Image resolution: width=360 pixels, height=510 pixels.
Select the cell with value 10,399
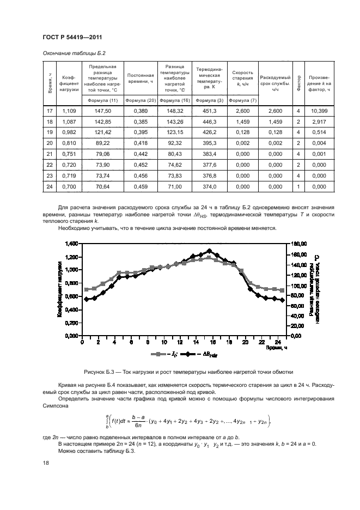point(319,111)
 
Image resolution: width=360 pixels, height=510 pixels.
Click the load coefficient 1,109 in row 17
point(70,111)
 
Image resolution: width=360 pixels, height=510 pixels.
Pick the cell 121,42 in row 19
point(102,132)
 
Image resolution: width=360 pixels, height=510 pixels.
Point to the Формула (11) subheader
point(102,100)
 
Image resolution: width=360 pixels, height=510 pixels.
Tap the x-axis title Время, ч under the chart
point(277,347)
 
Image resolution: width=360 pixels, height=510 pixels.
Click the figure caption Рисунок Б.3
point(188,372)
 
